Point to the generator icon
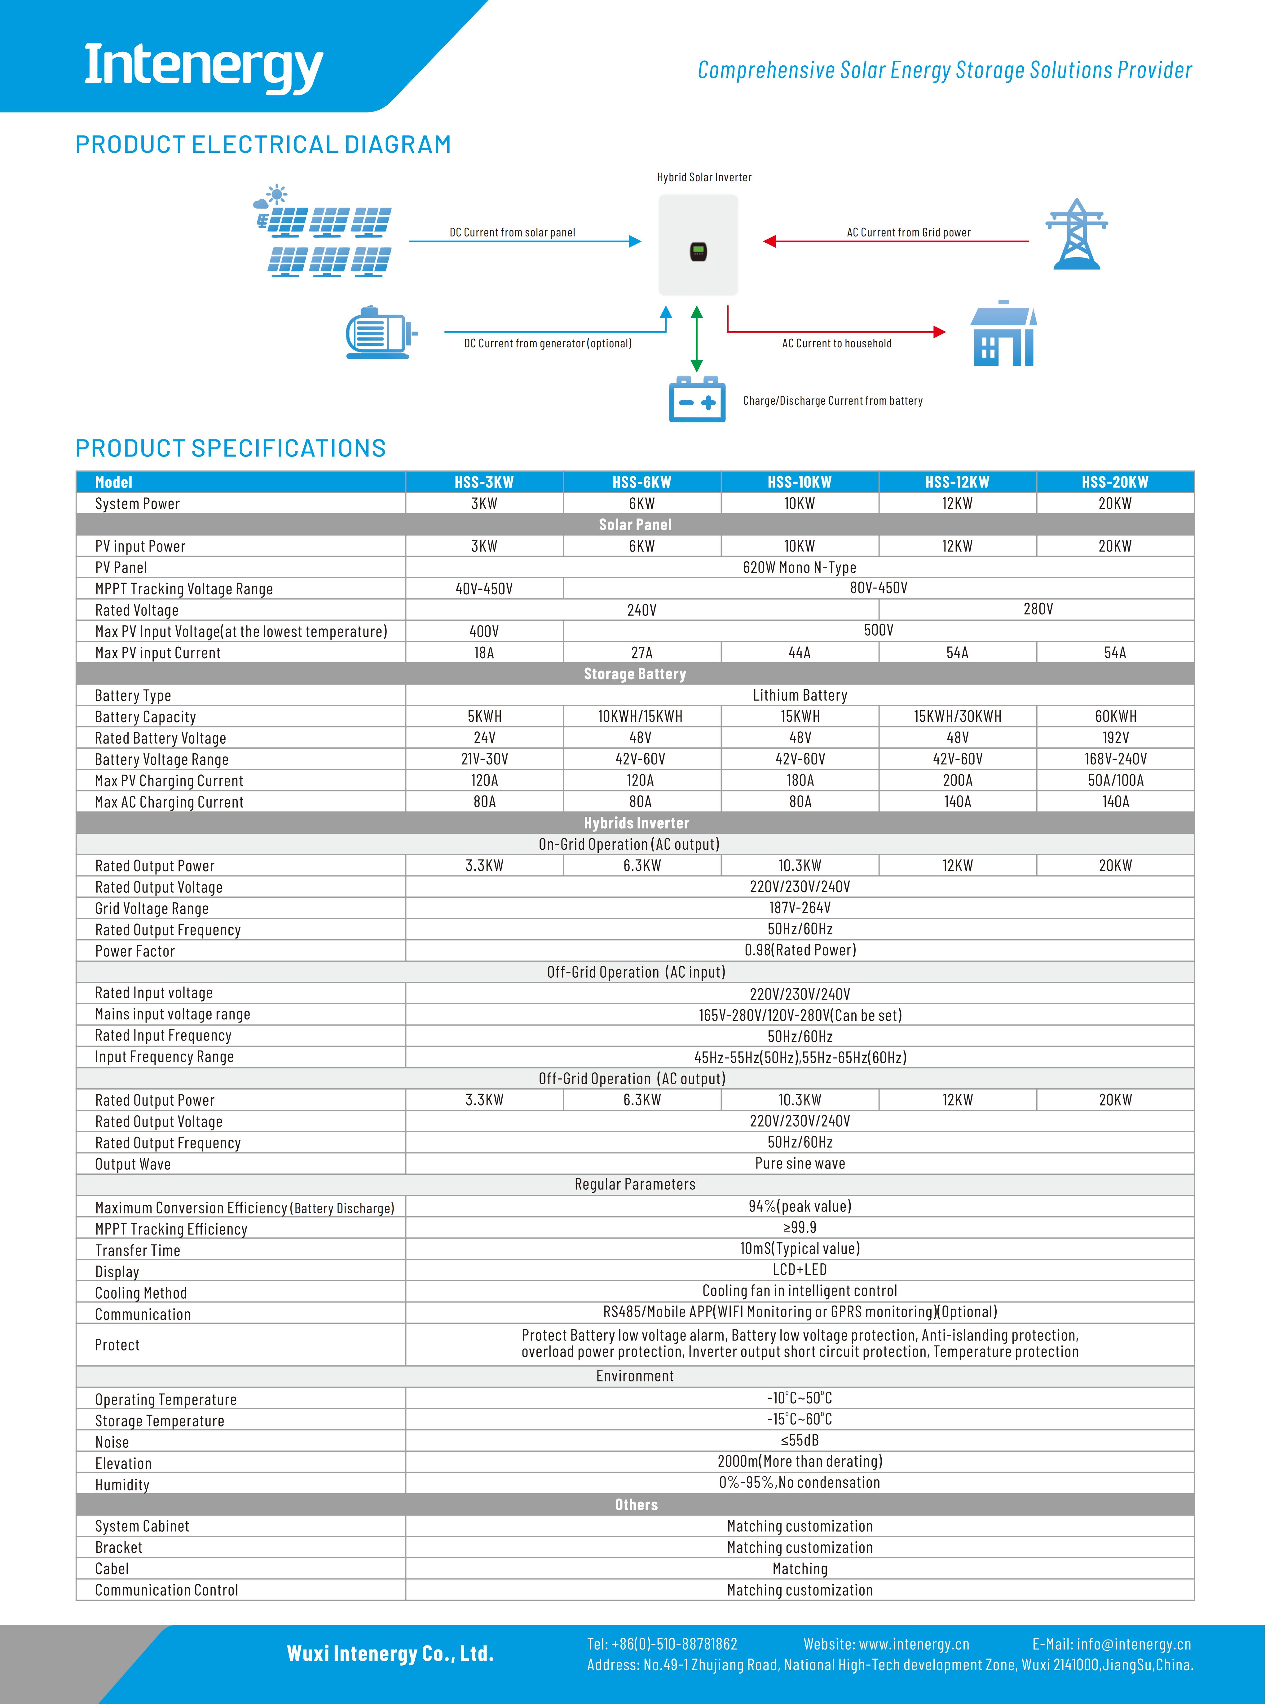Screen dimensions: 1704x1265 point(378,332)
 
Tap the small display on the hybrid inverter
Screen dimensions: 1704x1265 point(698,251)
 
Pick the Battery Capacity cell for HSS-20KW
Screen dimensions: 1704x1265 point(1115,716)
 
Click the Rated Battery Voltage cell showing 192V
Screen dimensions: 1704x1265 point(1115,738)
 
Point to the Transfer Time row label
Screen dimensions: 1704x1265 point(138,1250)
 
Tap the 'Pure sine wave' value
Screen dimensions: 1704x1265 point(800,1164)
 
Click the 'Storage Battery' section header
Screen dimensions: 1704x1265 point(635,674)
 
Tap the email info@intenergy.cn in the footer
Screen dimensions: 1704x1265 point(1133,1644)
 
